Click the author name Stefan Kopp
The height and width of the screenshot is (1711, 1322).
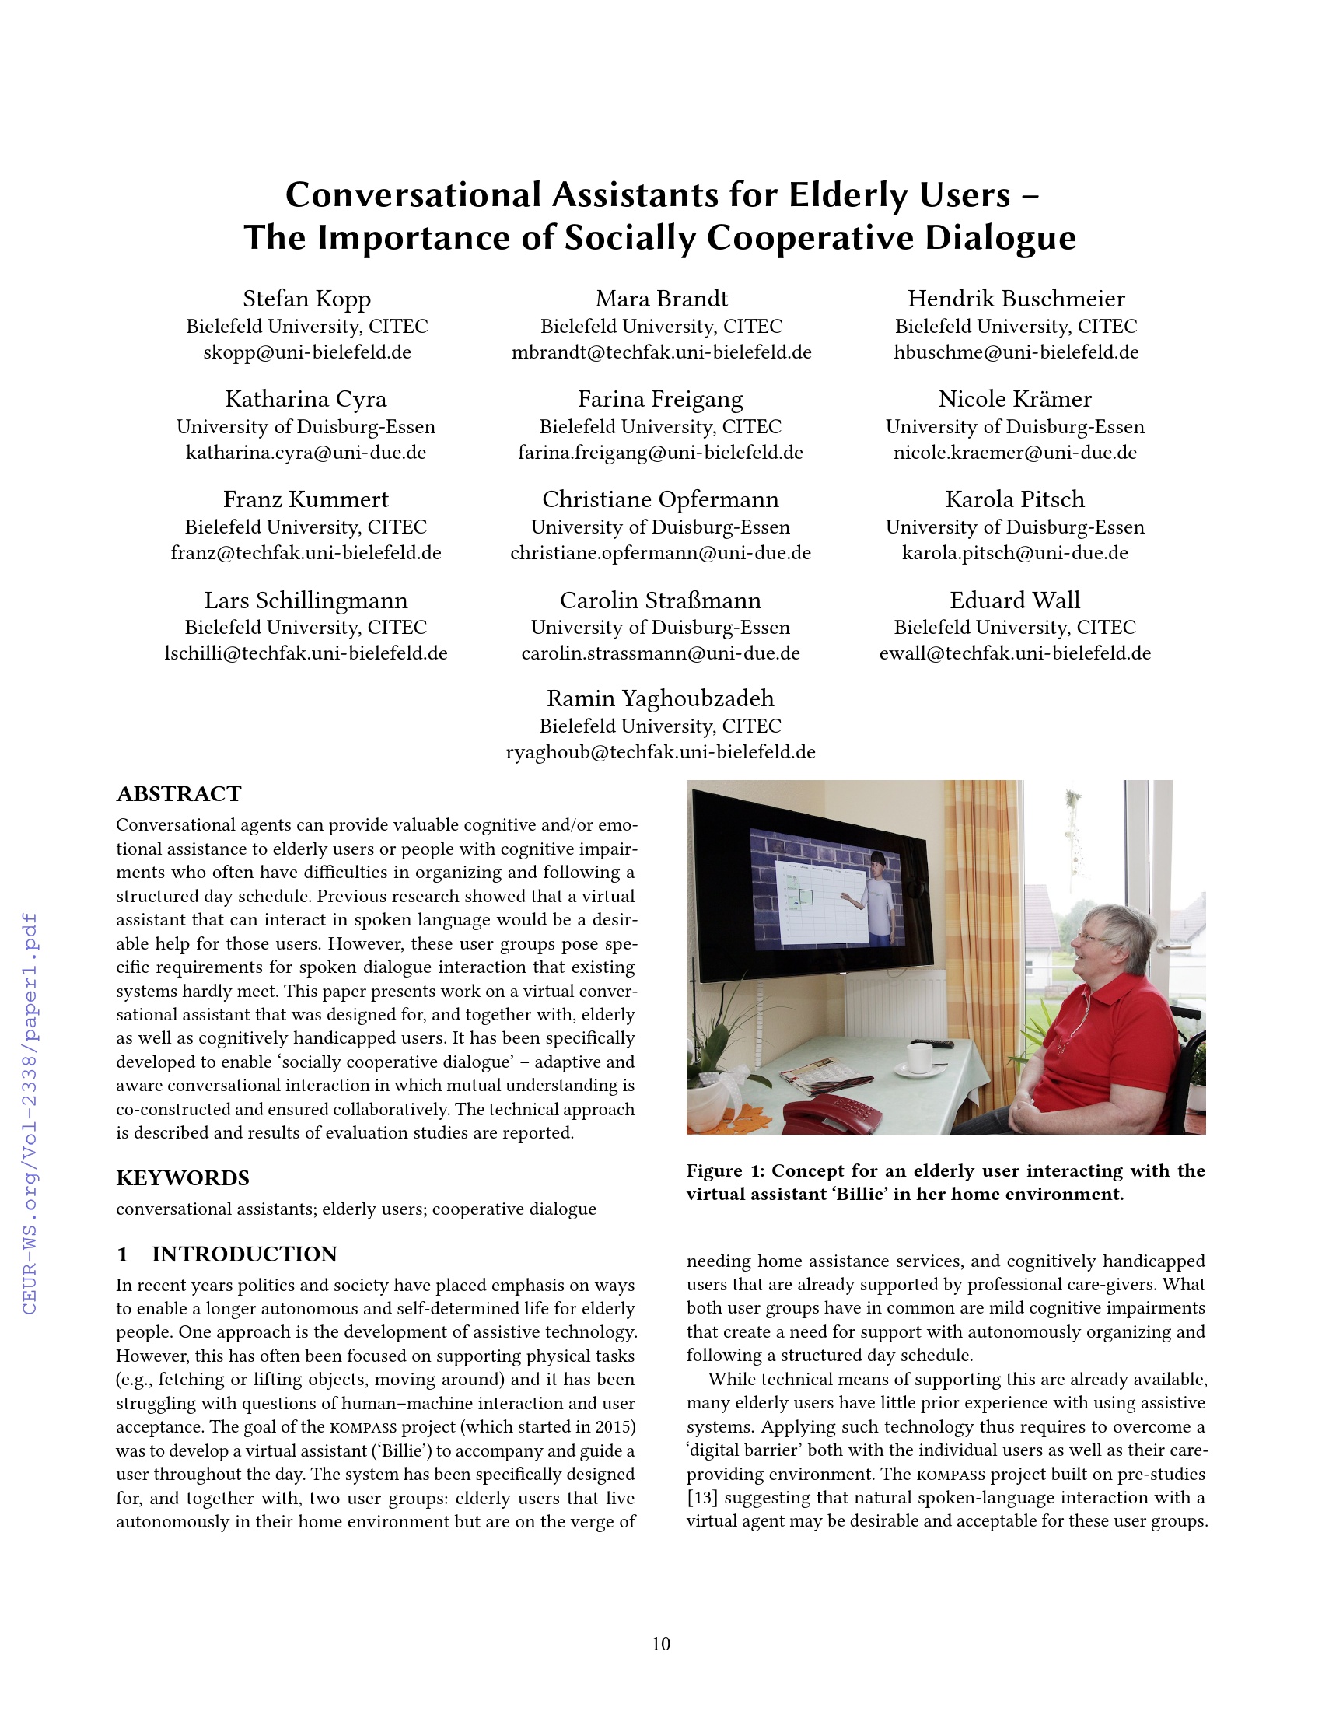306,299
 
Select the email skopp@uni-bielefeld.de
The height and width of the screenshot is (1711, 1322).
306,352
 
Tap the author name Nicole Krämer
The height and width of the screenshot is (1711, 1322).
1014,399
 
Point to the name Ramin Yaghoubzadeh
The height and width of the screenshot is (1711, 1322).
660,698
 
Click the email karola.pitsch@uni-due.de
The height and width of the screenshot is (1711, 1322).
1014,553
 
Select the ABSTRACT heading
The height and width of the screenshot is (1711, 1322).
179,793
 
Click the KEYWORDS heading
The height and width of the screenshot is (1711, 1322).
183,1177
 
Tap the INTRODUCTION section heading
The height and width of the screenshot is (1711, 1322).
243,1254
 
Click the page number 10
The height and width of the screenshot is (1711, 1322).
661,1643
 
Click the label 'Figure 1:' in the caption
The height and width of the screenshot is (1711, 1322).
725,1170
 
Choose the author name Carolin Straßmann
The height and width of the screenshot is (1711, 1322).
660,600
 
